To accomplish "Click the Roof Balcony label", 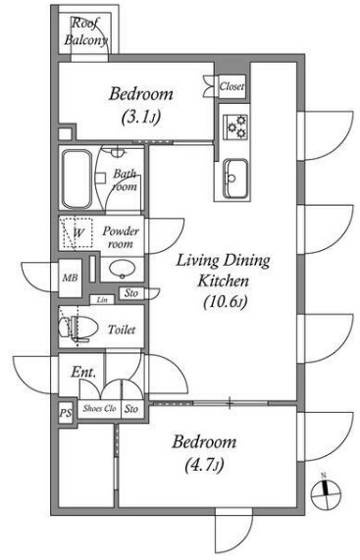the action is pos(85,31).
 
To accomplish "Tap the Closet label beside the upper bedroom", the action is pos(232,86).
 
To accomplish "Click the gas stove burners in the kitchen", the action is pos(235,127).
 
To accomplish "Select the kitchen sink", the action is pos(235,178).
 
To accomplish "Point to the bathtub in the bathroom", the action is pos(77,178).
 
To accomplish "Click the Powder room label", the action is pos(121,237).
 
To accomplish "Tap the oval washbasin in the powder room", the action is pos(122,269).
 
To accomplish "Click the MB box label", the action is pos(70,278).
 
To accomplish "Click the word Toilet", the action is pos(122,330).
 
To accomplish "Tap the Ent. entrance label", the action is pos(83,372).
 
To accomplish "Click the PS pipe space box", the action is pos(66,413).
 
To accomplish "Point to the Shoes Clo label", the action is pos(100,408).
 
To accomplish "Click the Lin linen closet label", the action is pos(102,300).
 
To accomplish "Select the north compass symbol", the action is pos(326,493).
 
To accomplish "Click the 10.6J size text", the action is pos(226,303).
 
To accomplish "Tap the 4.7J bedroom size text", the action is pos(204,466).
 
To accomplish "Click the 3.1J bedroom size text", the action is pos(140,117).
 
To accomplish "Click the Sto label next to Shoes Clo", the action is pos(131,409).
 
